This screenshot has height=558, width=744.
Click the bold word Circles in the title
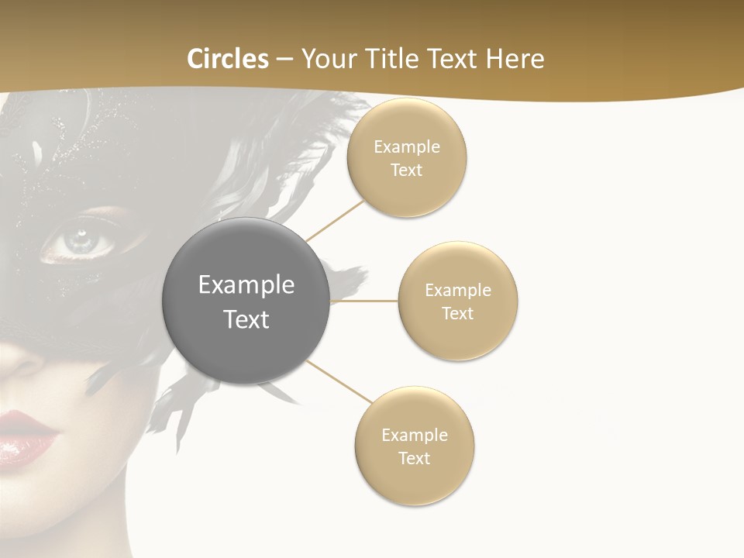228,59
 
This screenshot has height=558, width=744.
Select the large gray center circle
246,301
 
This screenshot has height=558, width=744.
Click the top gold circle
407,158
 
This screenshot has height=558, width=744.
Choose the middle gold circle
458,301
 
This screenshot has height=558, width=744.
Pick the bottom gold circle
415,446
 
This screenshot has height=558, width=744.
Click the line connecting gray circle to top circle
335,220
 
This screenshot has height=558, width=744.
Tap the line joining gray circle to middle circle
364,301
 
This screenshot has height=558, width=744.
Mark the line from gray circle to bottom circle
339,381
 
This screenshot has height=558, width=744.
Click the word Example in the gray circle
246,285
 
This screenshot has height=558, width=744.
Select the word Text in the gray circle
246,319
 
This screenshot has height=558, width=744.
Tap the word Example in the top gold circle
407,147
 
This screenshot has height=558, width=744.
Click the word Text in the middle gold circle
458,313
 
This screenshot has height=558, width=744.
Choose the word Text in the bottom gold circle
415,458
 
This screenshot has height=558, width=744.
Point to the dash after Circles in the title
284,59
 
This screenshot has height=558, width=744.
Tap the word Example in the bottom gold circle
415,435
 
